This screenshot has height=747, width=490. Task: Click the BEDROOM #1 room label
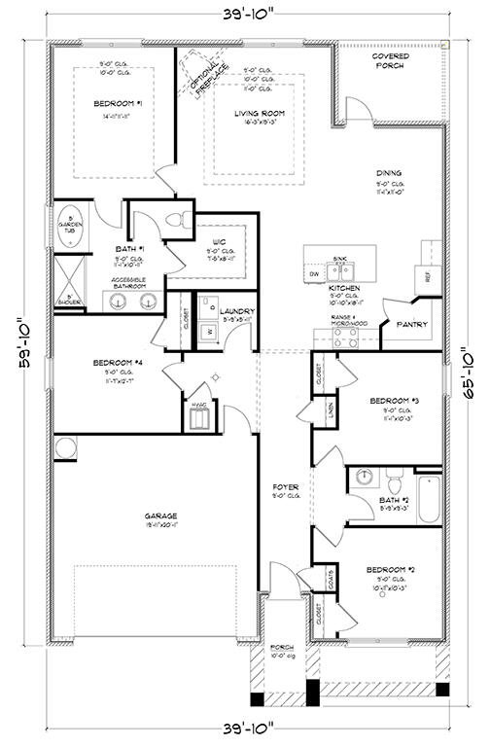pos(119,103)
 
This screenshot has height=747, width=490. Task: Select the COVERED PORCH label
pos(390,61)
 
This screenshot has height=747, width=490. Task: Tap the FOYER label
pos(285,485)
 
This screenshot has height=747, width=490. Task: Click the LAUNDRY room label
pos(237,311)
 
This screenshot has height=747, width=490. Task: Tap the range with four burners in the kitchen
pos(345,338)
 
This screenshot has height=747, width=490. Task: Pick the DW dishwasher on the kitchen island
pos(314,275)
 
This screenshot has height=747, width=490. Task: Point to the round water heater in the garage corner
pos(65,447)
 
